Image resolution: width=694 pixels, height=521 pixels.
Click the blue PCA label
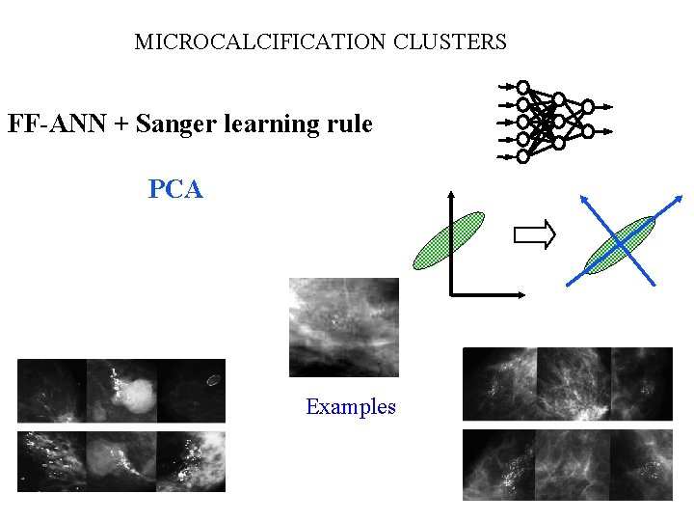(175, 189)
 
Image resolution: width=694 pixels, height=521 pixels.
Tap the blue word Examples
(350, 407)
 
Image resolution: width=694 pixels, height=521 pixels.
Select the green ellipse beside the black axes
(448, 240)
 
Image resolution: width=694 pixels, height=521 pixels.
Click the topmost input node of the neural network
(523, 87)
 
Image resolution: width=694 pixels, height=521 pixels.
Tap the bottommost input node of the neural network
(523, 155)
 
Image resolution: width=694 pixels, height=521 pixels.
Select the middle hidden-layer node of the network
(558, 122)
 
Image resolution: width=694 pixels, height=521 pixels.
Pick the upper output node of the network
(588, 105)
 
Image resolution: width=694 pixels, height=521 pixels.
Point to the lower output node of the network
(588, 131)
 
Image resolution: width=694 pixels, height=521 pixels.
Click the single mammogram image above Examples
(344, 327)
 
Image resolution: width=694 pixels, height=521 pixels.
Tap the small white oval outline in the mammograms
(214, 379)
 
